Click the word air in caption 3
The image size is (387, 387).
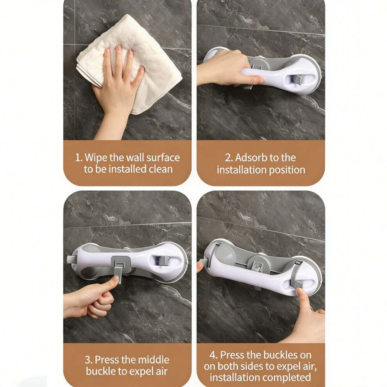click(x=162, y=371)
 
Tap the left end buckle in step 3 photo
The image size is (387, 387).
click(x=72, y=260)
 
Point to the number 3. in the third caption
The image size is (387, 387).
click(x=89, y=360)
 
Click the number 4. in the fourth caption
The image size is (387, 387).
click(x=214, y=355)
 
